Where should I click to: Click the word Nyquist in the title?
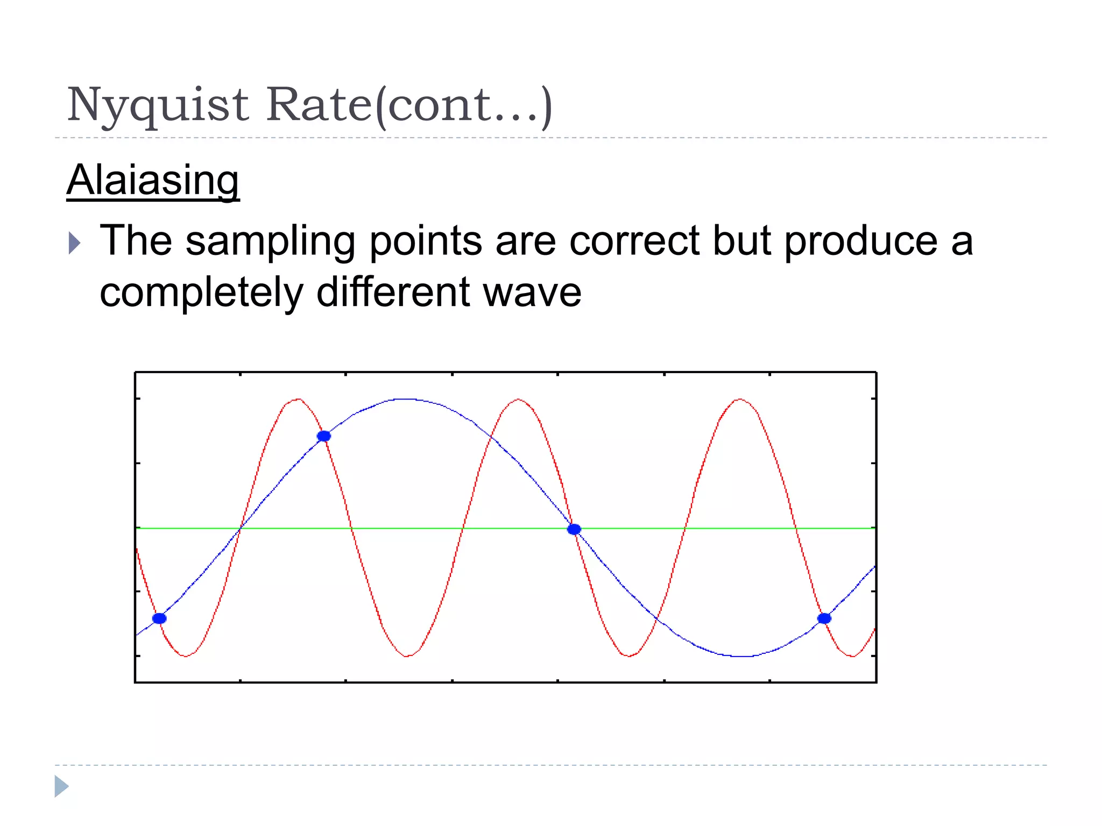tap(158, 105)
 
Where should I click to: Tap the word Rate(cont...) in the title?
tap(409, 105)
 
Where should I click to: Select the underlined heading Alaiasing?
tap(153, 180)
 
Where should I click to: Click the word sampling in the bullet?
tap(270, 241)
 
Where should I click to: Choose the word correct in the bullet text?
tap(634, 240)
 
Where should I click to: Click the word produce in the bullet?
tap(860, 241)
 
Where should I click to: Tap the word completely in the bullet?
tap(202, 293)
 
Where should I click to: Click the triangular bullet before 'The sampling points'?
tap(74, 243)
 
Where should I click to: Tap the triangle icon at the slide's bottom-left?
tap(61, 786)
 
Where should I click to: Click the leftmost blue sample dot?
tap(159, 618)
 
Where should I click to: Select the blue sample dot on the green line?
tap(574, 529)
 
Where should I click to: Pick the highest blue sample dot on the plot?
tap(324, 436)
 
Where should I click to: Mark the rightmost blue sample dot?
tap(824, 618)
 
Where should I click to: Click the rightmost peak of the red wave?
tap(740, 400)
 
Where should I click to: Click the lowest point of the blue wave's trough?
tap(741, 656)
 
